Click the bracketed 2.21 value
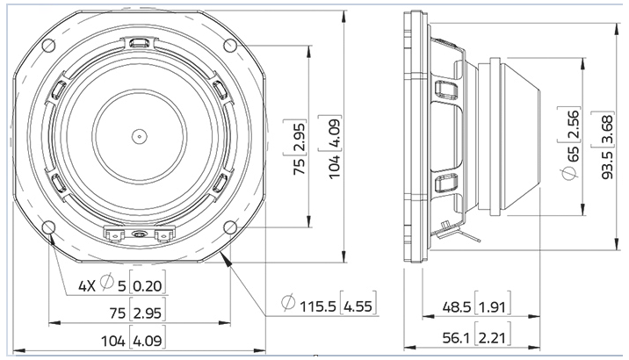[495, 337]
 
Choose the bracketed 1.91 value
[495, 308]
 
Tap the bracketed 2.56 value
[572, 126]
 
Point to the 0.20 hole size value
[149, 284]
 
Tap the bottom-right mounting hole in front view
[230, 227]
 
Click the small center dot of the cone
[138, 135]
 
